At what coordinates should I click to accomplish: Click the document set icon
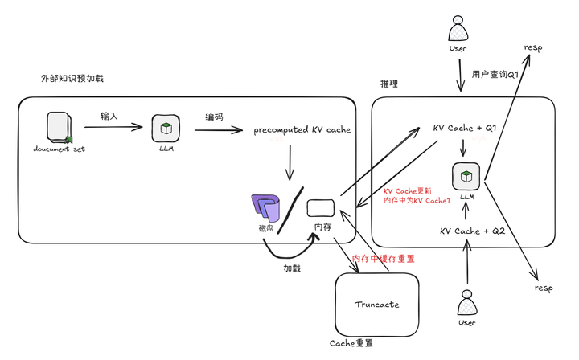coord(59,127)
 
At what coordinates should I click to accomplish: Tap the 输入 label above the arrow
coord(109,116)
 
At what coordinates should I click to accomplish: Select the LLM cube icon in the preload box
coord(165,129)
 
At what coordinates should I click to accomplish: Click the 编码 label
coord(214,117)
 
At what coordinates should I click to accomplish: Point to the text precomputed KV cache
coord(302,130)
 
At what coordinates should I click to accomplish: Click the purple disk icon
coord(266,208)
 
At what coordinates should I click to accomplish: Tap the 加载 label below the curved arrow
coord(291,268)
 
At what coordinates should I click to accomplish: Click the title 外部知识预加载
coord(72,79)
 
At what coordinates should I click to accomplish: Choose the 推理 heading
coord(389,84)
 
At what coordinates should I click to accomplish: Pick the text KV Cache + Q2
coord(472,231)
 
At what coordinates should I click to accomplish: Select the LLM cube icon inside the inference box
coord(466,175)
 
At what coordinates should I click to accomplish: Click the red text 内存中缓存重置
coord(384,259)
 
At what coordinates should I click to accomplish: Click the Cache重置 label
coord(351,343)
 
